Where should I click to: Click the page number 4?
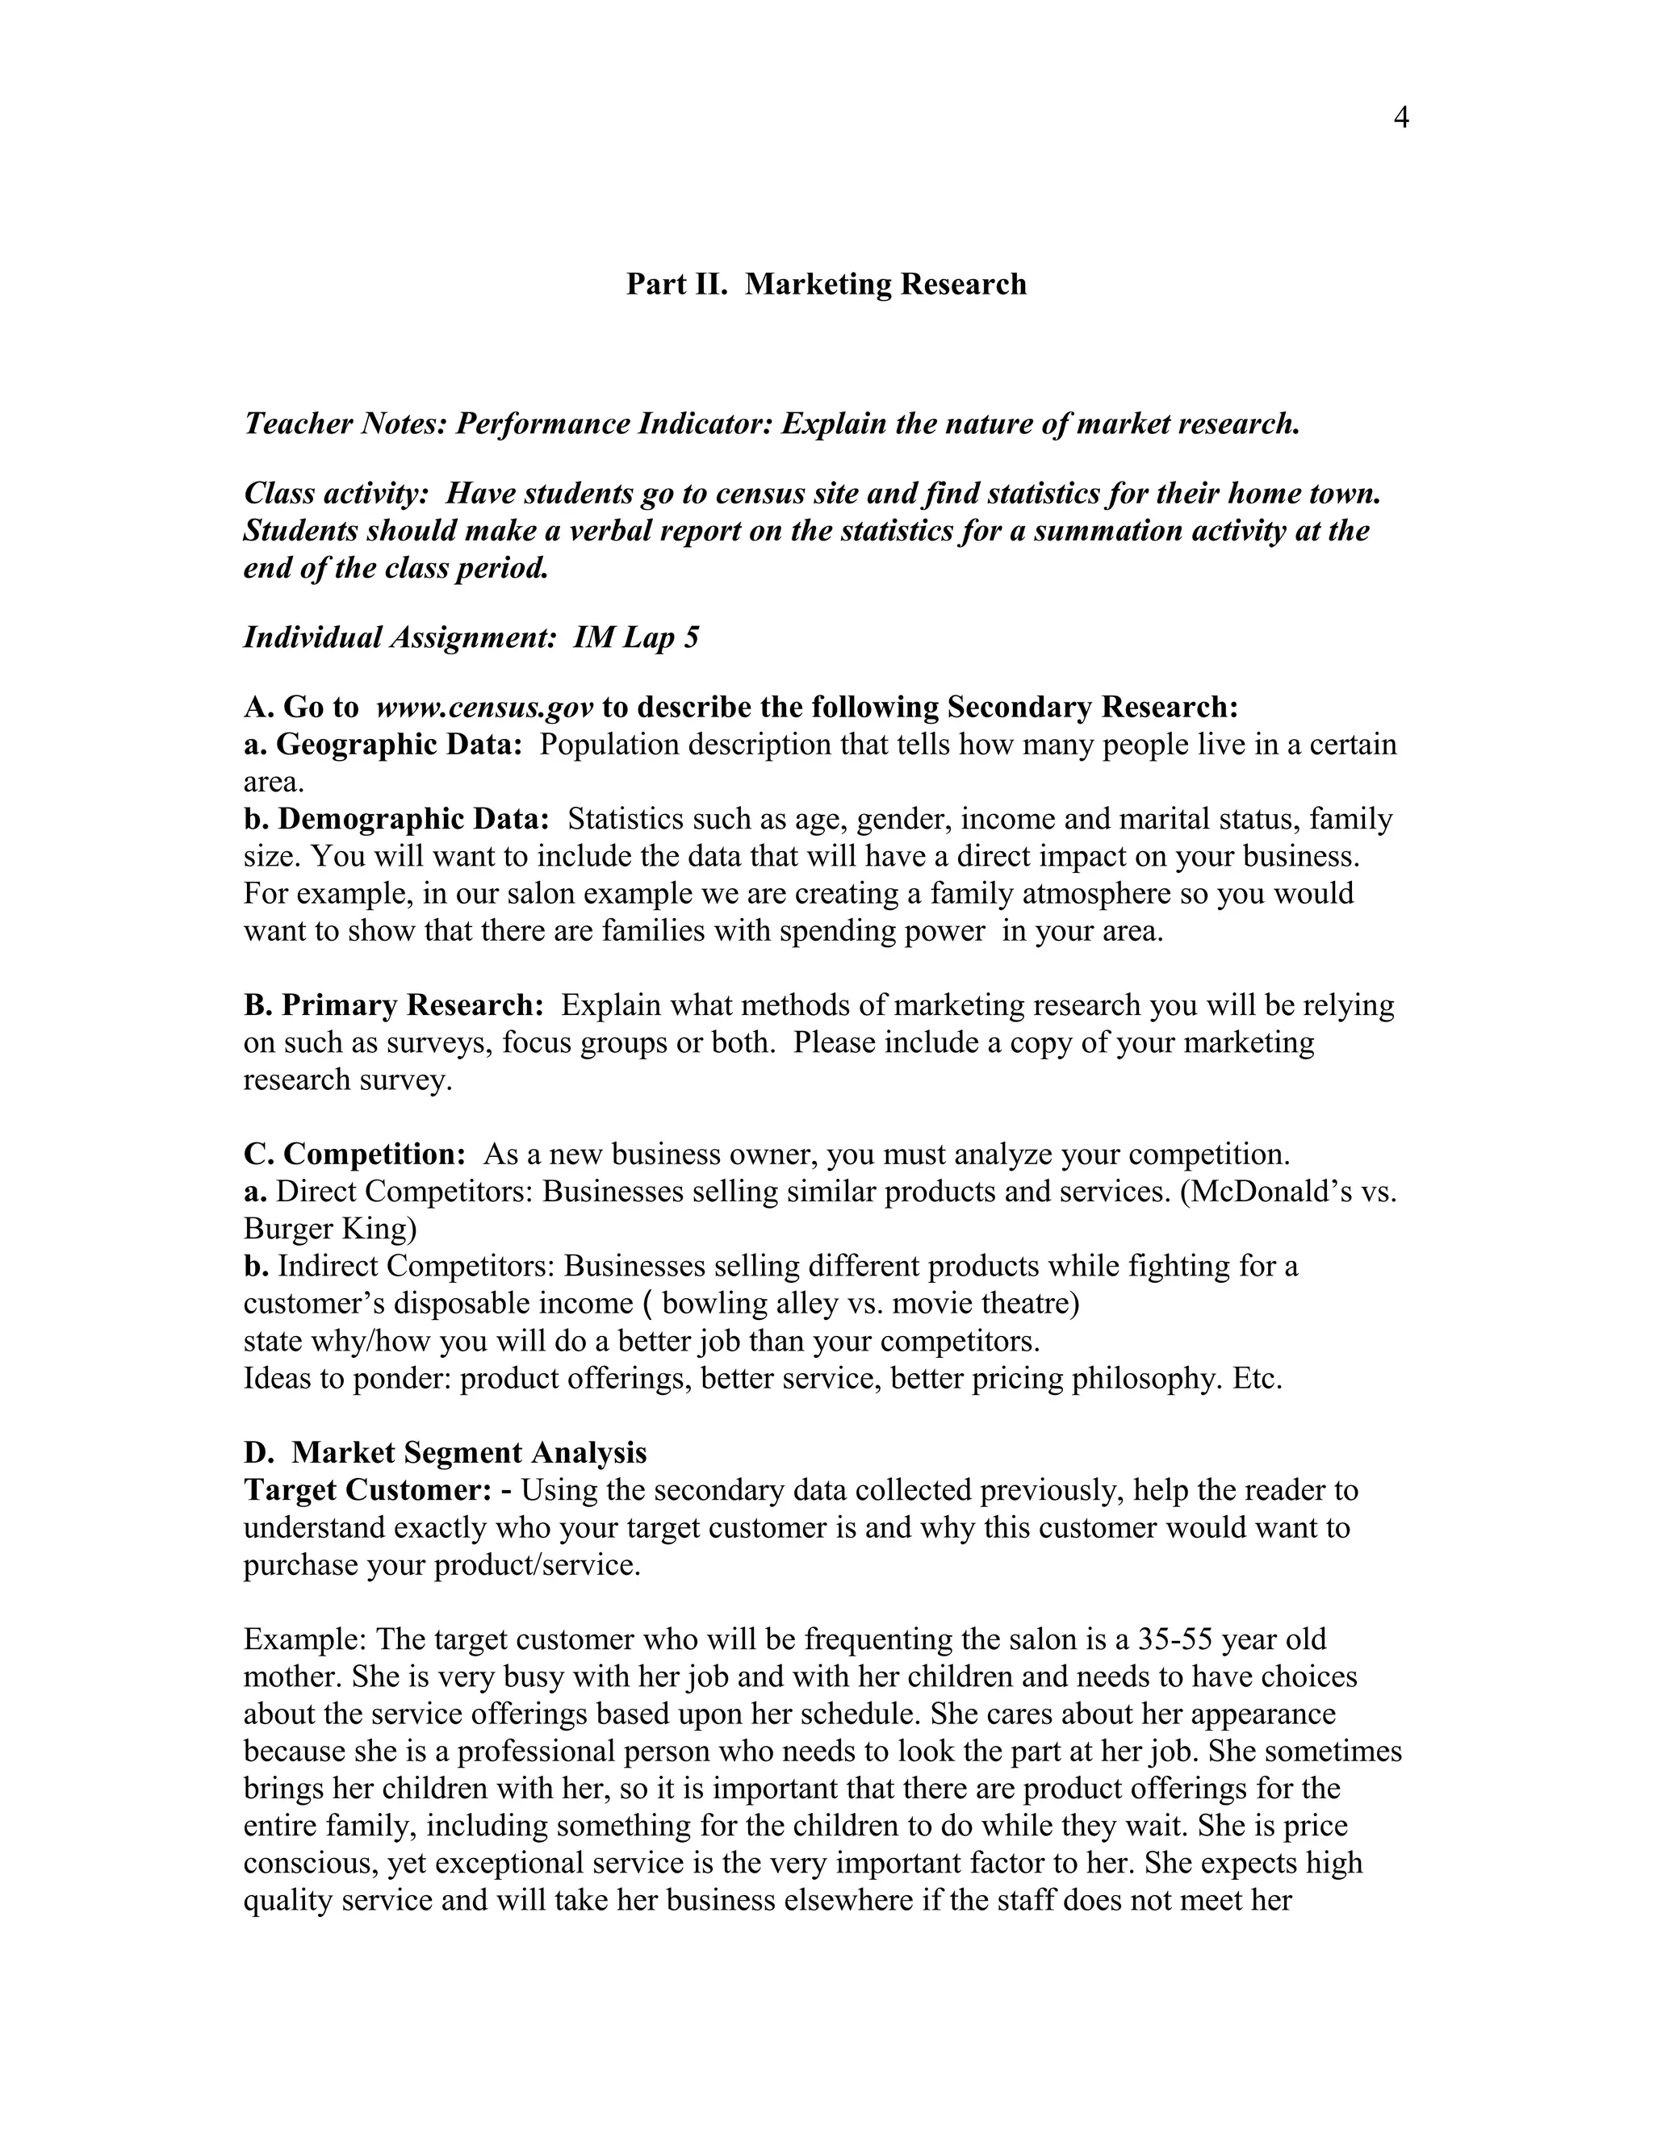pyautogui.click(x=1400, y=119)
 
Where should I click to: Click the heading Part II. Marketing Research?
pyautogui.click(x=826, y=285)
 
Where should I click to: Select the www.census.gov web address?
pyautogui.click(x=485, y=708)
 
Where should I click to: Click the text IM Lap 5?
pyautogui.click(x=637, y=638)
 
